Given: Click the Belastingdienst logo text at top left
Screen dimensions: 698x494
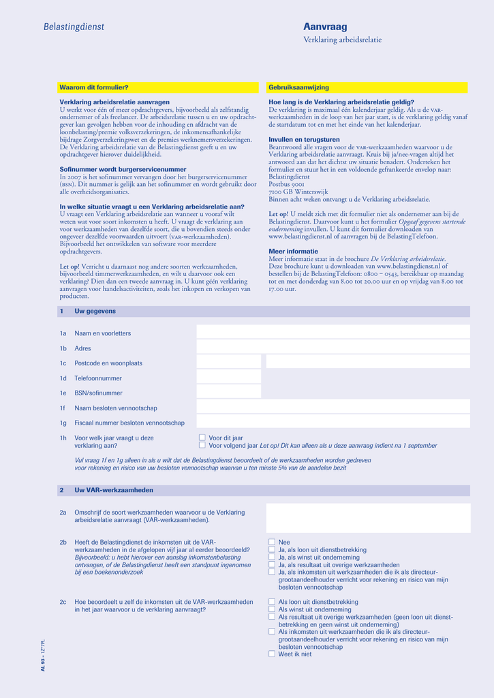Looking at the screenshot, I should point(74,27).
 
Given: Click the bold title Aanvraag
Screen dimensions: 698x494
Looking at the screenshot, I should point(325,27).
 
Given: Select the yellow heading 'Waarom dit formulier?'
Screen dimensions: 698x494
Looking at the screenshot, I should point(94,88).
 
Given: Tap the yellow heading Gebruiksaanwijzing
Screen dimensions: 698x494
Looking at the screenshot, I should point(298,88).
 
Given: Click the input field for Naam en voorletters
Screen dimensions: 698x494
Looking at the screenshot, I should point(333,333).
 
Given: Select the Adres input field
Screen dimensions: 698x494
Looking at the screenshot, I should point(333,348).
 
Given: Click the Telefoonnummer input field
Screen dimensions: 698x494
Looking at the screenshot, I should point(228,378).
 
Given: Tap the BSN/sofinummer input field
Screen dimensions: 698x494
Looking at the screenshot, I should point(228,393).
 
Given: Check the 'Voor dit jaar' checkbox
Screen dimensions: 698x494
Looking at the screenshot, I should point(202,438).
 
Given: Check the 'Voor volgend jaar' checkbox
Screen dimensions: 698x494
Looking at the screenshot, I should point(202,445).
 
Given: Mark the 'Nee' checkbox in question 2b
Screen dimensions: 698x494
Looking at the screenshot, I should point(272,542).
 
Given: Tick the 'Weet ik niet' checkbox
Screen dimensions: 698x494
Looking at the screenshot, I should point(272,654).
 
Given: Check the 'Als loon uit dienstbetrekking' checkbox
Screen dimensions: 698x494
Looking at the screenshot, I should point(272,602).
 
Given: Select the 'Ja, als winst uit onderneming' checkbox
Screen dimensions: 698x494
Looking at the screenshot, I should point(272,558).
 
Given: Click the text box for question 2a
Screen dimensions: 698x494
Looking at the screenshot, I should point(368,518).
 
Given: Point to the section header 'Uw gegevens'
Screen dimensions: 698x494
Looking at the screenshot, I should point(95,312).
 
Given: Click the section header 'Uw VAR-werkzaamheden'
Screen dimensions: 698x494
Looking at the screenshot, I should point(114,490).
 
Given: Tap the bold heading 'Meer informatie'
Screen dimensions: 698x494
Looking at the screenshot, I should point(293,251).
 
